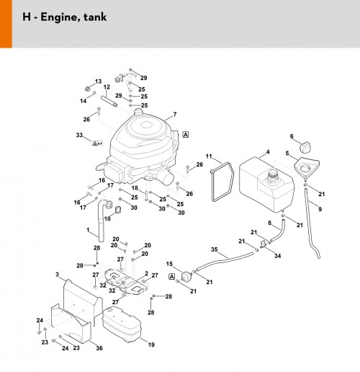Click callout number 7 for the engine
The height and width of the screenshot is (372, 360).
tap(175, 115)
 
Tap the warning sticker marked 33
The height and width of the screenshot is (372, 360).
tap(97, 143)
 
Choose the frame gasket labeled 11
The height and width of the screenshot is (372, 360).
tap(222, 181)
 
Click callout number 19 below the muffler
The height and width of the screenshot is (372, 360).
tap(151, 345)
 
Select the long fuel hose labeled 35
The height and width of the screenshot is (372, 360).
tap(225, 260)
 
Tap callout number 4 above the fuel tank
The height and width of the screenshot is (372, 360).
tap(268, 152)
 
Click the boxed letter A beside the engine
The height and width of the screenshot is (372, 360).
tap(186, 135)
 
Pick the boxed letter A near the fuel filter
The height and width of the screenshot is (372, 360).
tap(172, 277)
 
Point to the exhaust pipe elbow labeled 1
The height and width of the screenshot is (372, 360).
tap(101, 221)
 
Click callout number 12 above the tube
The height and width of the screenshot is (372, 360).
tap(107, 87)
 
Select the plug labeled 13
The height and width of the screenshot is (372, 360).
tap(89, 89)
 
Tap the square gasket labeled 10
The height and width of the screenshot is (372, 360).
tap(118, 210)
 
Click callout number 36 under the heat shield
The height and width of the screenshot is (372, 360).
tap(99, 348)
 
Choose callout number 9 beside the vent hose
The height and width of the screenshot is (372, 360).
tap(320, 209)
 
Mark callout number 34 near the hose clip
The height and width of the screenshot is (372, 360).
tap(278, 256)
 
